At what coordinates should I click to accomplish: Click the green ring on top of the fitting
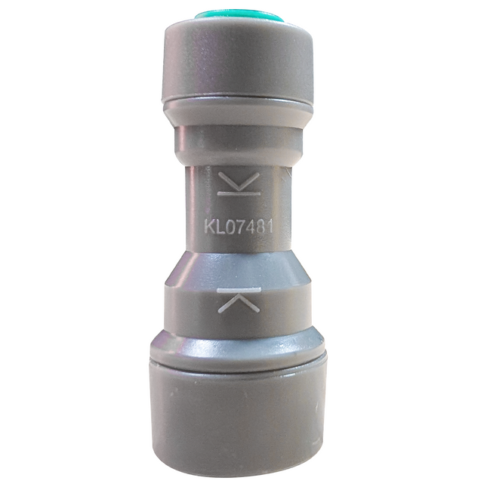[239, 15]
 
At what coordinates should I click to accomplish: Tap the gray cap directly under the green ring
[239, 60]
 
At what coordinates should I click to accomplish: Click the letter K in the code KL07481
[208, 225]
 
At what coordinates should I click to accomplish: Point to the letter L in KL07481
[219, 225]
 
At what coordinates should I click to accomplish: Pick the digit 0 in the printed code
[229, 225]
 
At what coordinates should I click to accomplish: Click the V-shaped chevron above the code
[239, 181]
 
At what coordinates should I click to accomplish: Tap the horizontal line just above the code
[239, 194]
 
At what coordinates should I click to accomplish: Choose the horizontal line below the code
[239, 289]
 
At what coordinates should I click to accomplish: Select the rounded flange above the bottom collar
[239, 344]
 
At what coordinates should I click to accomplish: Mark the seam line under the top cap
[239, 101]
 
